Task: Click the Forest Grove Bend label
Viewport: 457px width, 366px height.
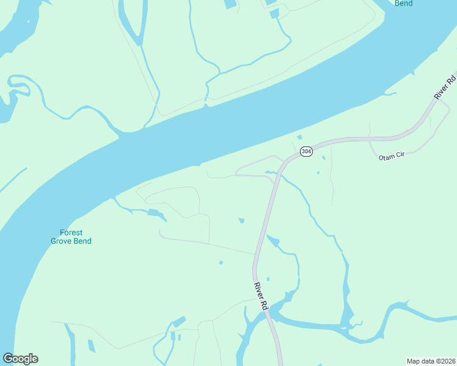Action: tap(71, 237)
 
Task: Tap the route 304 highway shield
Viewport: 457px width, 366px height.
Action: tap(306, 151)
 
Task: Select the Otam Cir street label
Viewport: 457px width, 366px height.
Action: tap(392, 157)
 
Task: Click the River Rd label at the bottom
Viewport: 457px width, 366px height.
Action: tap(261, 296)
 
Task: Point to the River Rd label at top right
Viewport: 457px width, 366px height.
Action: tap(445, 87)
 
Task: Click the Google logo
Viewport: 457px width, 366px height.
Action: tap(20, 359)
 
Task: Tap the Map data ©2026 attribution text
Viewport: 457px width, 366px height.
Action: tap(431, 361)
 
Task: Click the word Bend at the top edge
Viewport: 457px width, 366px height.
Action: tap(403, 4)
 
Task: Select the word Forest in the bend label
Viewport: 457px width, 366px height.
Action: tap(71, 232)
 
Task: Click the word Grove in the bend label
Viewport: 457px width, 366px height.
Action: tap(62, 241)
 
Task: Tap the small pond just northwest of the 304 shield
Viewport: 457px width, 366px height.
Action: tap(299, 137)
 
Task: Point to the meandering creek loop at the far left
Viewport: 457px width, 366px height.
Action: tap(18, 85)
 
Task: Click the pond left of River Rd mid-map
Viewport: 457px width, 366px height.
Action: tap(241, 220)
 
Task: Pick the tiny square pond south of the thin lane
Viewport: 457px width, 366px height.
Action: tap(221, 263)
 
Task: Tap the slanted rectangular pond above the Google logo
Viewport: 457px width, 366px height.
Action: tap(92, 346)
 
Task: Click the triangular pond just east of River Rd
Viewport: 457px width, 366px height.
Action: tap(272, 242)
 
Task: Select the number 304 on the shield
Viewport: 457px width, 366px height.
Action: tap(306, 151)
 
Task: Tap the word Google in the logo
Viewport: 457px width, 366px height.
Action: tap(20, 359)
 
